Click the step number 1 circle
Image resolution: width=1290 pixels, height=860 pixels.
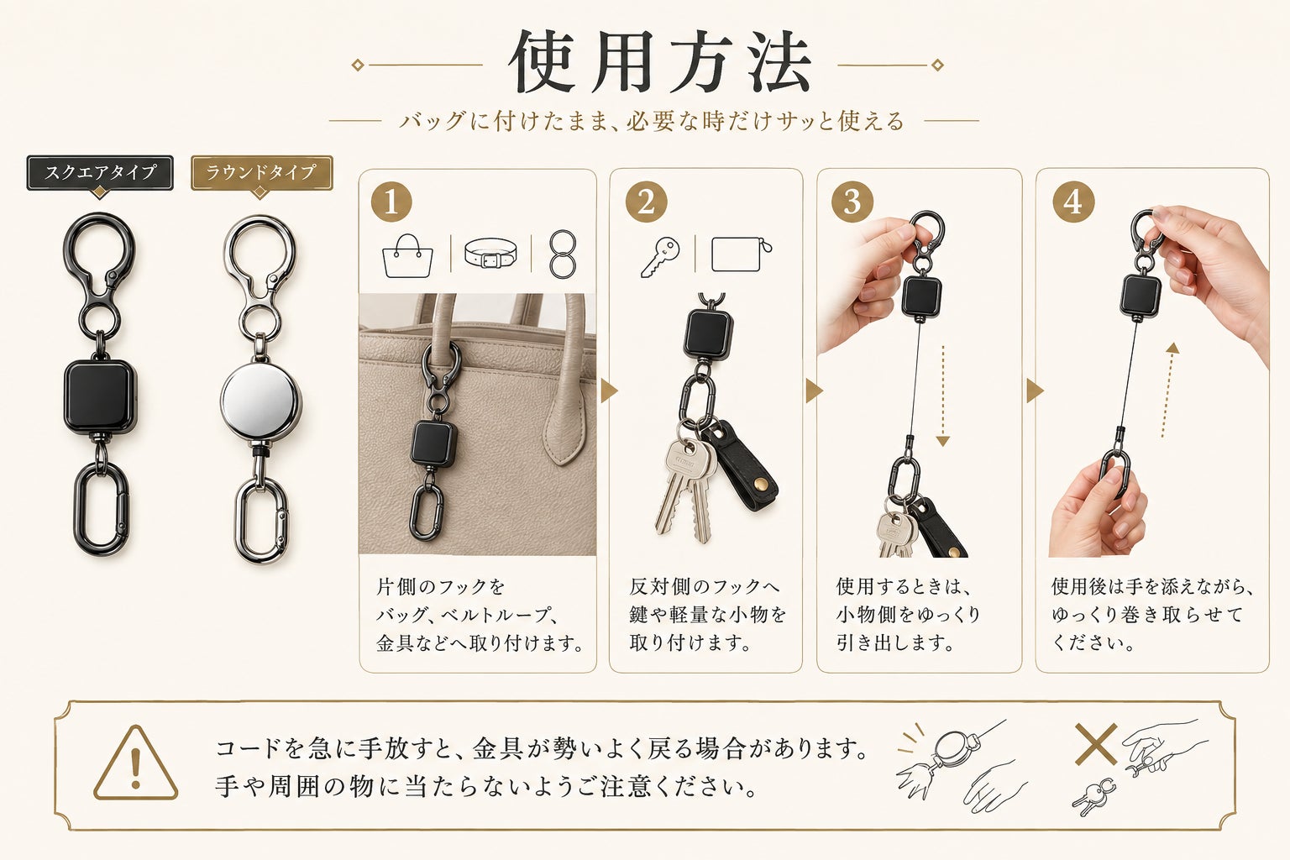click(391, 202)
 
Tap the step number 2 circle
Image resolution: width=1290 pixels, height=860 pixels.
click(646, 202)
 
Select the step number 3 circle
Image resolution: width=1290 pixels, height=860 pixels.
click(852, 202)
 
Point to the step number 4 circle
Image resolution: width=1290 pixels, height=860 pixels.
click(1072, 202)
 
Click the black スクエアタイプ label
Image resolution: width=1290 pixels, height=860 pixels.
click(100, 172)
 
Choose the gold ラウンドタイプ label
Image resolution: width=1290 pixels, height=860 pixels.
click(261, 172)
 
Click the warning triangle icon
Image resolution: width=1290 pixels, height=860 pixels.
click(136, 763)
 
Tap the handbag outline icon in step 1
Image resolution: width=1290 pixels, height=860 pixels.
click(407, 256)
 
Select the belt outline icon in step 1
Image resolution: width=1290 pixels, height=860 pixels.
click(490, 254)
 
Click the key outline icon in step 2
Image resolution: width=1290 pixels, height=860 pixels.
click(660, 258)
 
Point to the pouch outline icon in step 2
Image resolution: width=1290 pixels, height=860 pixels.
click(742, 254)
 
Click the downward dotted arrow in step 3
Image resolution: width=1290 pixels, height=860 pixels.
click(943, 396)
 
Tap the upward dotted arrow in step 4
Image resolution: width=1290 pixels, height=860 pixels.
click(1168, 390)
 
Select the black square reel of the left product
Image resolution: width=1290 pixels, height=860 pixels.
click(100, 396)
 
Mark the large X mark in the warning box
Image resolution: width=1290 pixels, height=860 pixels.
click(1096, 744)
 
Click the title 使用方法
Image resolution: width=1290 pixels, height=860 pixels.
click(660, 61)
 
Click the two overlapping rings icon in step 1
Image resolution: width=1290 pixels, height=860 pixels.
click(562, 254)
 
